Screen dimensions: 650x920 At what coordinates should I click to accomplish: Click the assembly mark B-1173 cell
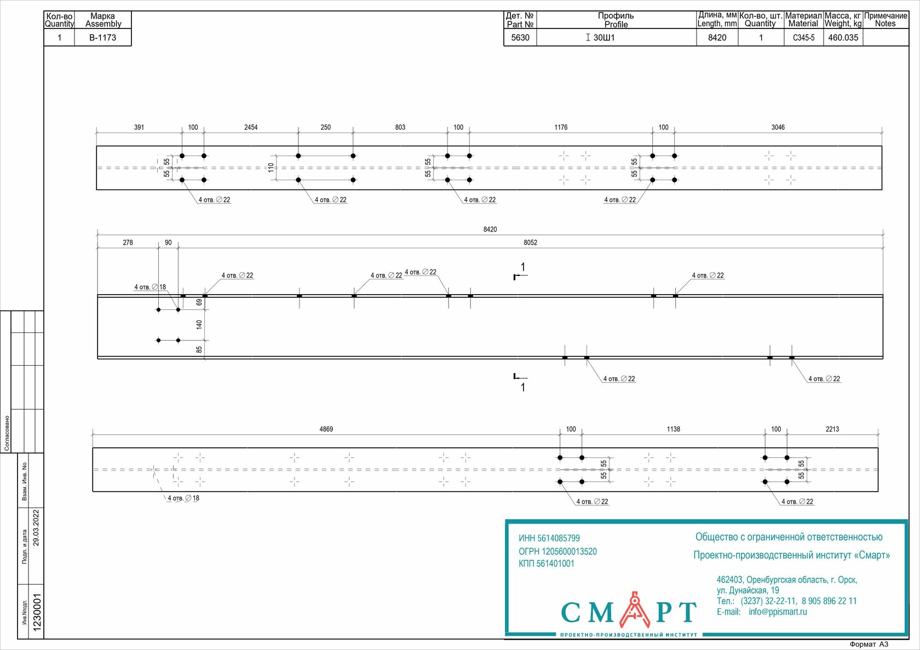click(x=102, y=38)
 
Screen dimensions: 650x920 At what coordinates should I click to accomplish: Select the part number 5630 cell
click(x=520, y=38)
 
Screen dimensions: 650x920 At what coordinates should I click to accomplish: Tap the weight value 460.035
click(x=843, y=38)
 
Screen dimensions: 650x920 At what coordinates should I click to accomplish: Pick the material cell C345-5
click(x=803, y=38)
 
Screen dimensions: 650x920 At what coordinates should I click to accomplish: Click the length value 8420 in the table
click(x=717, y=38)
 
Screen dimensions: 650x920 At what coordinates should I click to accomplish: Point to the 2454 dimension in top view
click(x=251, y=128)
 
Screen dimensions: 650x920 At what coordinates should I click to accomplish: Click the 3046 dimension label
click(x=778, y=128)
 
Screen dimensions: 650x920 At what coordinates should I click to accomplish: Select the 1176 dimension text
click(x=561, y=128)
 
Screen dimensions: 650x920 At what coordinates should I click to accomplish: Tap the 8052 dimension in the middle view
click(x=530, y=243)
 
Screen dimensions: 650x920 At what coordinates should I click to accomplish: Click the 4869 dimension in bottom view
click(x=326, y=429)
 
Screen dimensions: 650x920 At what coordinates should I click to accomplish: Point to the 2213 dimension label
click(x=832, y=429)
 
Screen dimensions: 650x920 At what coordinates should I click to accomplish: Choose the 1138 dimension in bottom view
click(x=673, y=429)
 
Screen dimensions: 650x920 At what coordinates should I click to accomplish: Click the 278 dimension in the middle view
click(x=128, y=243)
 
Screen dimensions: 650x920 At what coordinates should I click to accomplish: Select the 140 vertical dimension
click(x=199, y=325)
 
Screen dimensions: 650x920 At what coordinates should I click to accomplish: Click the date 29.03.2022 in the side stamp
click(x=36, y=527)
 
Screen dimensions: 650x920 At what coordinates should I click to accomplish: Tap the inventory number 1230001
click(x=37, y=612)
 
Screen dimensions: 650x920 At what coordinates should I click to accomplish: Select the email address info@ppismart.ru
click(x=778, y=612)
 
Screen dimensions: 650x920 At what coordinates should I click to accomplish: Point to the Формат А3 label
click(x=869, y=645)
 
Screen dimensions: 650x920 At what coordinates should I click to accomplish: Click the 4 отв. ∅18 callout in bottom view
click(x=183, y=498)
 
